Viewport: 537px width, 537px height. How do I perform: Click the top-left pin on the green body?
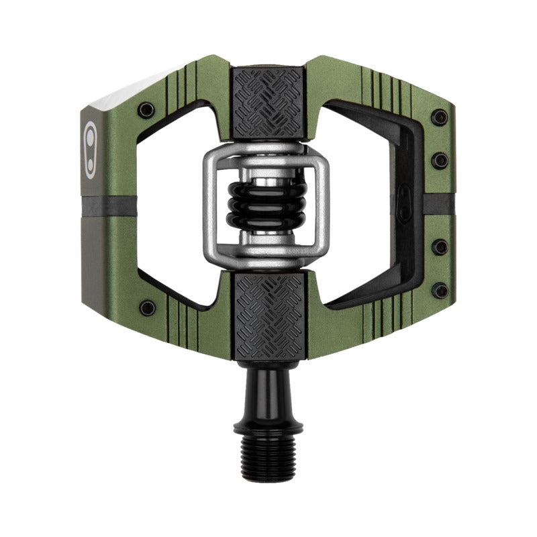click(146, 109)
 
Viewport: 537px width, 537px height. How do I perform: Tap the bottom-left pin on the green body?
click(146, 308)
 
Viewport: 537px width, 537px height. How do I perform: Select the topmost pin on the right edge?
click(440, 117)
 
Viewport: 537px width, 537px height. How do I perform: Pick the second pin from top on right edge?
click(440, 160)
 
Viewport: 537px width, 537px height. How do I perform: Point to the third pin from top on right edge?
click(440, 247)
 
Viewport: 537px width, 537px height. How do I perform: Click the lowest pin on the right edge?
click(440, 291)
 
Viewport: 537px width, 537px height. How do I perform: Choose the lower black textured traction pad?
click(268, 314)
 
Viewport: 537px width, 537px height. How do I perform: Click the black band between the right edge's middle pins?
click(440, 204)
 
